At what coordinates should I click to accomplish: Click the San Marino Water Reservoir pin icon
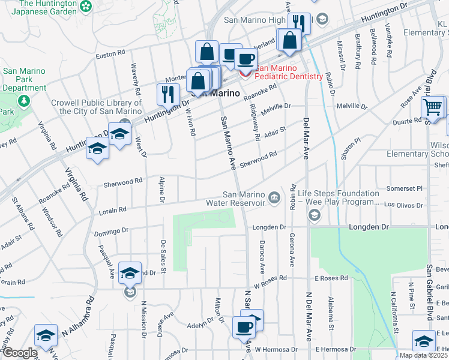(274, 197)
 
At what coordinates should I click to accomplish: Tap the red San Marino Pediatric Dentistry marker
(245, 73)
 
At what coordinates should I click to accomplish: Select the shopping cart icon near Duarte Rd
(432, 108)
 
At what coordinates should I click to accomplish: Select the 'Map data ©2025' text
(423, 355)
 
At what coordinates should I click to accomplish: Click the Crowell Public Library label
(96, 107)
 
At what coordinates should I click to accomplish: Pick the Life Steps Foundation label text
(340, 194)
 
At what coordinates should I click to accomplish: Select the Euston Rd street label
(109, 56)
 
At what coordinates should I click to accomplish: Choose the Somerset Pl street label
(407, 188)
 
